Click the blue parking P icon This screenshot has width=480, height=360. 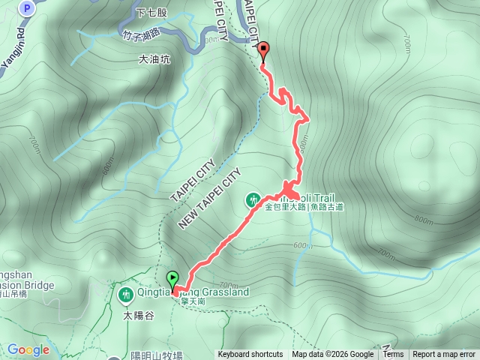(x=28, y=8)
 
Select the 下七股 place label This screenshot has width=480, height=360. (x=151, y=13)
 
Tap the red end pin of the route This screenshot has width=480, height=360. (x=263, y=51)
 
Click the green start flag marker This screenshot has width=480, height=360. (x=173, y=280)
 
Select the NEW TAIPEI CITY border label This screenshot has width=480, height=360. (x=209, y=199)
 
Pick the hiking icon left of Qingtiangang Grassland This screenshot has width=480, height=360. (x=124, y=292)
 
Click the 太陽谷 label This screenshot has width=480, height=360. (x=139, y=316)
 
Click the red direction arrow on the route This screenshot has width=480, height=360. (x=289, y=188)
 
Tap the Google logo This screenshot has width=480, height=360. (x=28, y=349)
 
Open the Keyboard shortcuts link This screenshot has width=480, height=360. (x=250, y=355)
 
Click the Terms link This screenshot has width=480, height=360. (x=393, y=355)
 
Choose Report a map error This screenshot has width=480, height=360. (x=444, y=355)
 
